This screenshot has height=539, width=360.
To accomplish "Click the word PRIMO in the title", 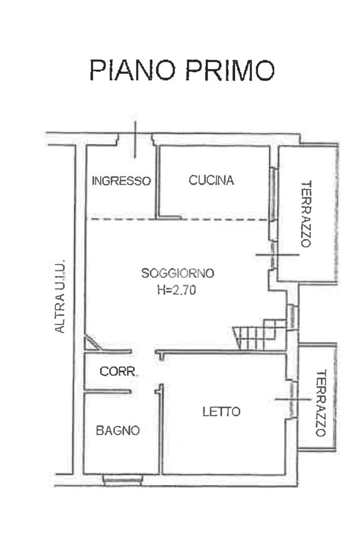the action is pos(229,70).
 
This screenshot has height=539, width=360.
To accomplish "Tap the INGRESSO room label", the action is pos(121,181).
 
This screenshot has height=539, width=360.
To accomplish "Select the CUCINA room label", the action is pos(211,180).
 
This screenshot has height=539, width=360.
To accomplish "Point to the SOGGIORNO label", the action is pos(178,273).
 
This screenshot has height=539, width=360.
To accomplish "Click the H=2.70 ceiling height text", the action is pos(176,289).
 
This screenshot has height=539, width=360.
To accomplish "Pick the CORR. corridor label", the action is pos(119,371).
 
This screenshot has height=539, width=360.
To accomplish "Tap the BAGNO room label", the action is pos(118,430).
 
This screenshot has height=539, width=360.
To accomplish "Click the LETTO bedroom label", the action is pos(221,411).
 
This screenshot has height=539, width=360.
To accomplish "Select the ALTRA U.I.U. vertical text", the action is pos(60,296).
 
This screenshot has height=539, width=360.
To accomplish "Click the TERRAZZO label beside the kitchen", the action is pos(306,214).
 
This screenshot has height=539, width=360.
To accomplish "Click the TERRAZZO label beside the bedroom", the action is pos(320,404).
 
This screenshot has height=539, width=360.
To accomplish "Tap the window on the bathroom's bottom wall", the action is pos(123,479).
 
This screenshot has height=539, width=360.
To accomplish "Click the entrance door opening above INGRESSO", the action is pos(135,139).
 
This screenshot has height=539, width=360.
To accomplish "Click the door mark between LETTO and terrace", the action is pos(293,399).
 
